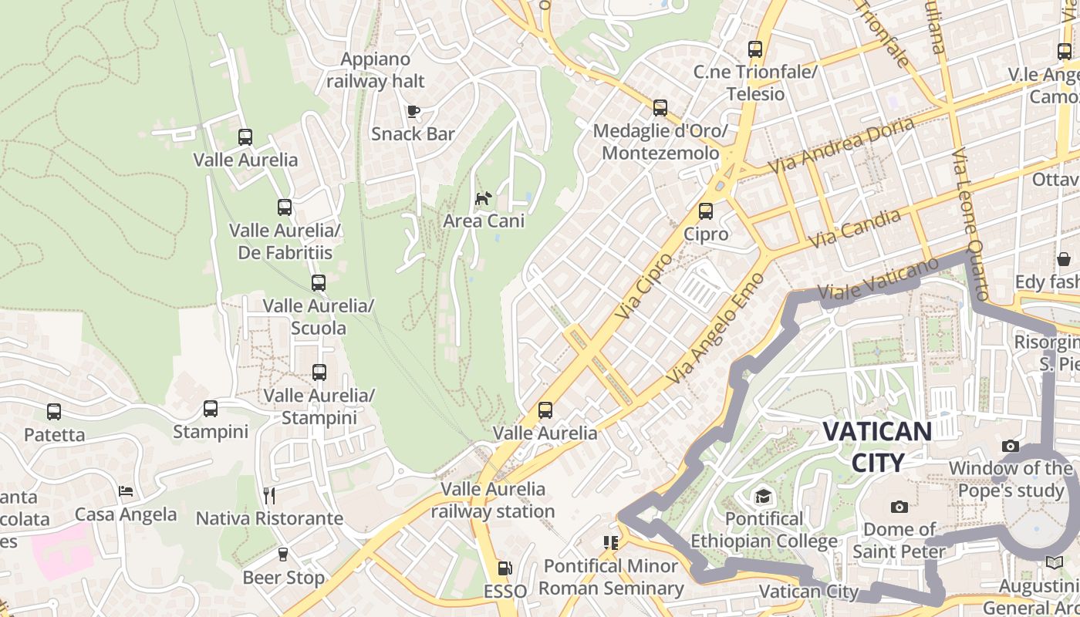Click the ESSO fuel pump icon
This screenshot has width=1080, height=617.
click(505, 568)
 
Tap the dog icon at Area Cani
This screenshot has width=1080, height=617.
click(483, 199)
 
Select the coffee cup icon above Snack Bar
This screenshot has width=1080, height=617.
click(413, 111)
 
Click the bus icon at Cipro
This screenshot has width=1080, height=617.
click(705, 211)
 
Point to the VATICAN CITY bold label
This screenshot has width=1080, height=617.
click(877, 447)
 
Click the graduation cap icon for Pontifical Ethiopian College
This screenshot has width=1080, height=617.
click(763, 496)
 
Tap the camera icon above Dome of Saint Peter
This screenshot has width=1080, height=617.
click(899, 507)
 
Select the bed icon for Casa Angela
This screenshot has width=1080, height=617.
click(126, 491)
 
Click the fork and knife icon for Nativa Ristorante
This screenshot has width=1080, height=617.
click(269, 495)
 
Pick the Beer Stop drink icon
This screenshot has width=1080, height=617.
click(283, 555)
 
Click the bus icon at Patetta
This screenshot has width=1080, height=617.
click(54, 412)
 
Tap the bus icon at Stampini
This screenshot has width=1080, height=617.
click(211, 409)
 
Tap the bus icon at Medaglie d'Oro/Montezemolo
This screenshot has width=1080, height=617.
click(660, 108)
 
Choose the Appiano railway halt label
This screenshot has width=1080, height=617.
click(376, 70)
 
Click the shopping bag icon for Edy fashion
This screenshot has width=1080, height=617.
click(1063, 259)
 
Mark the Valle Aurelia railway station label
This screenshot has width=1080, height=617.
click(493, 500)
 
